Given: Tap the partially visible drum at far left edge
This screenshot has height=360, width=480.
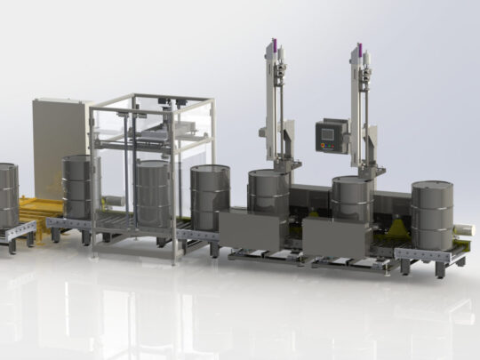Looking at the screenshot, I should (7, 194).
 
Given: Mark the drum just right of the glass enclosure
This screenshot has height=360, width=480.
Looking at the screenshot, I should (210, 197).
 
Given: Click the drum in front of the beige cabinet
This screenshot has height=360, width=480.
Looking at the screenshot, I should (77, 187).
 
